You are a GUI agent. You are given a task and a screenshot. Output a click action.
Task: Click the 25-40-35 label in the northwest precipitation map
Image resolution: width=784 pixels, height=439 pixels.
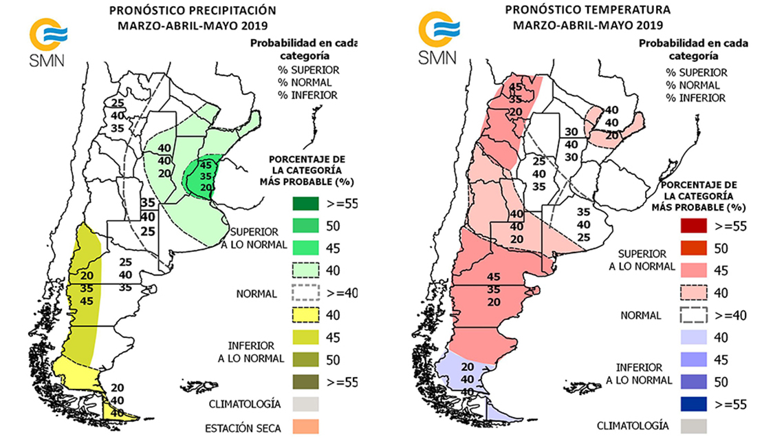[x=118, y=115]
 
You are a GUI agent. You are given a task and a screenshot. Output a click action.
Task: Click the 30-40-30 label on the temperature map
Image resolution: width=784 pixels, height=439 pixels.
[x=570, y=144]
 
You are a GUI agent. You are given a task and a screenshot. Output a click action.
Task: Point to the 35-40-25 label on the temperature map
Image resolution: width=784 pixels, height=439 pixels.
[x=583, y=224]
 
